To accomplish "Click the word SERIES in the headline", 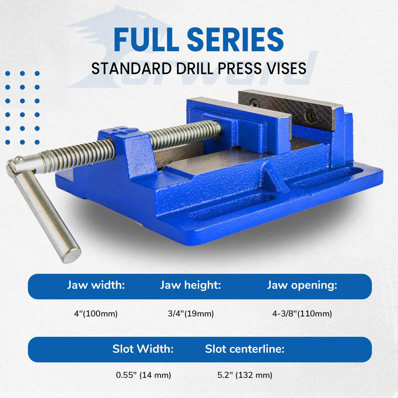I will tap(235, 39).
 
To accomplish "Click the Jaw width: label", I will tap(96, 285).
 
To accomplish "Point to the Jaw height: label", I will tap(190, 285).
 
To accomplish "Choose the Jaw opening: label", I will tap(302, 285).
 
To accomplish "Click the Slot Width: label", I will tap(143, 349).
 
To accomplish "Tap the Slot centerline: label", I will tap(245, 349).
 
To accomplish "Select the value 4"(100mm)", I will tap(96, 314).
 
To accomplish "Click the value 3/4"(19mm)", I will tap(190, 314).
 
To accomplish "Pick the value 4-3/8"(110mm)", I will tap(302, 314).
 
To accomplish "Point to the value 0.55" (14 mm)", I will tap(143, 375).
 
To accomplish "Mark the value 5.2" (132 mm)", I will tap(245, 375).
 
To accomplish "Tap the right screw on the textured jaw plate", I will tap(310, 115).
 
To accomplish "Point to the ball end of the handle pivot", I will tap(19, 159).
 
